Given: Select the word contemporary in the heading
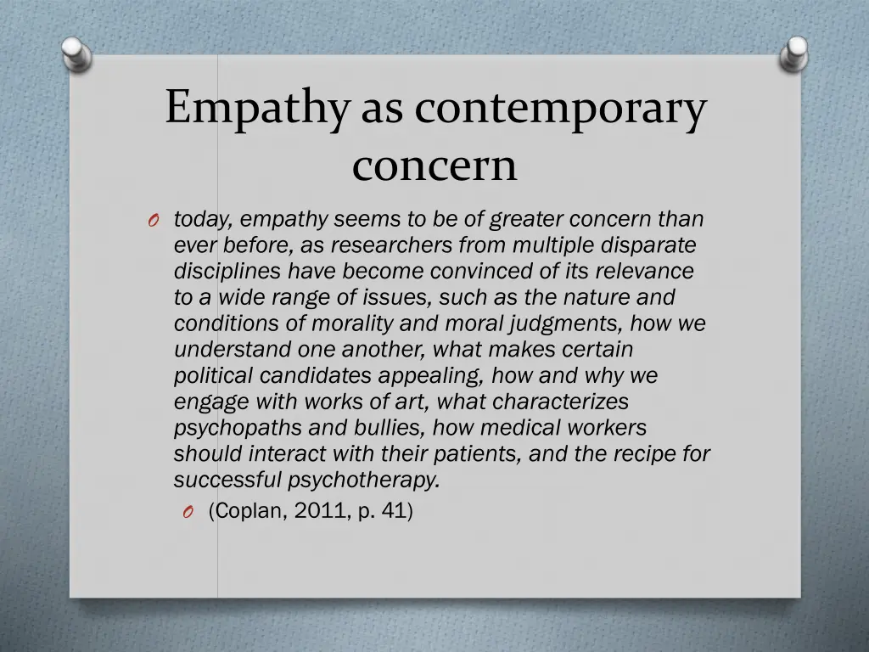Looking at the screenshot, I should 560,110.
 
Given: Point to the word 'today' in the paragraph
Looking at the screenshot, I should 201,220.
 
